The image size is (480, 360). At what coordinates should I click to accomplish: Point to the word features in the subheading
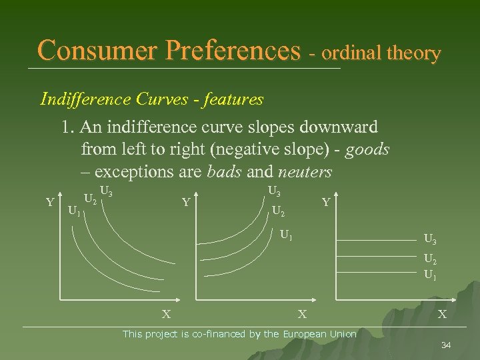pyautogui.click(x=233, y=99)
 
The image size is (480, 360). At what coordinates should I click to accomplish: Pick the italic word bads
pyautogui.click(x=225, y=172)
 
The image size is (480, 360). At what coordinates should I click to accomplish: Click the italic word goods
pyautogui.click(x=371, y=149)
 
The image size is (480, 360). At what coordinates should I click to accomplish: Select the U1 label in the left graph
pyautogui.click(x=75, y=212)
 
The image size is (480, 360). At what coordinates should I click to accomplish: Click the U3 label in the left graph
pyautogui.click(x=106, y=193)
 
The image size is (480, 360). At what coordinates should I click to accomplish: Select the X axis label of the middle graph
pyautogui.click(x=301, y=313)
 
